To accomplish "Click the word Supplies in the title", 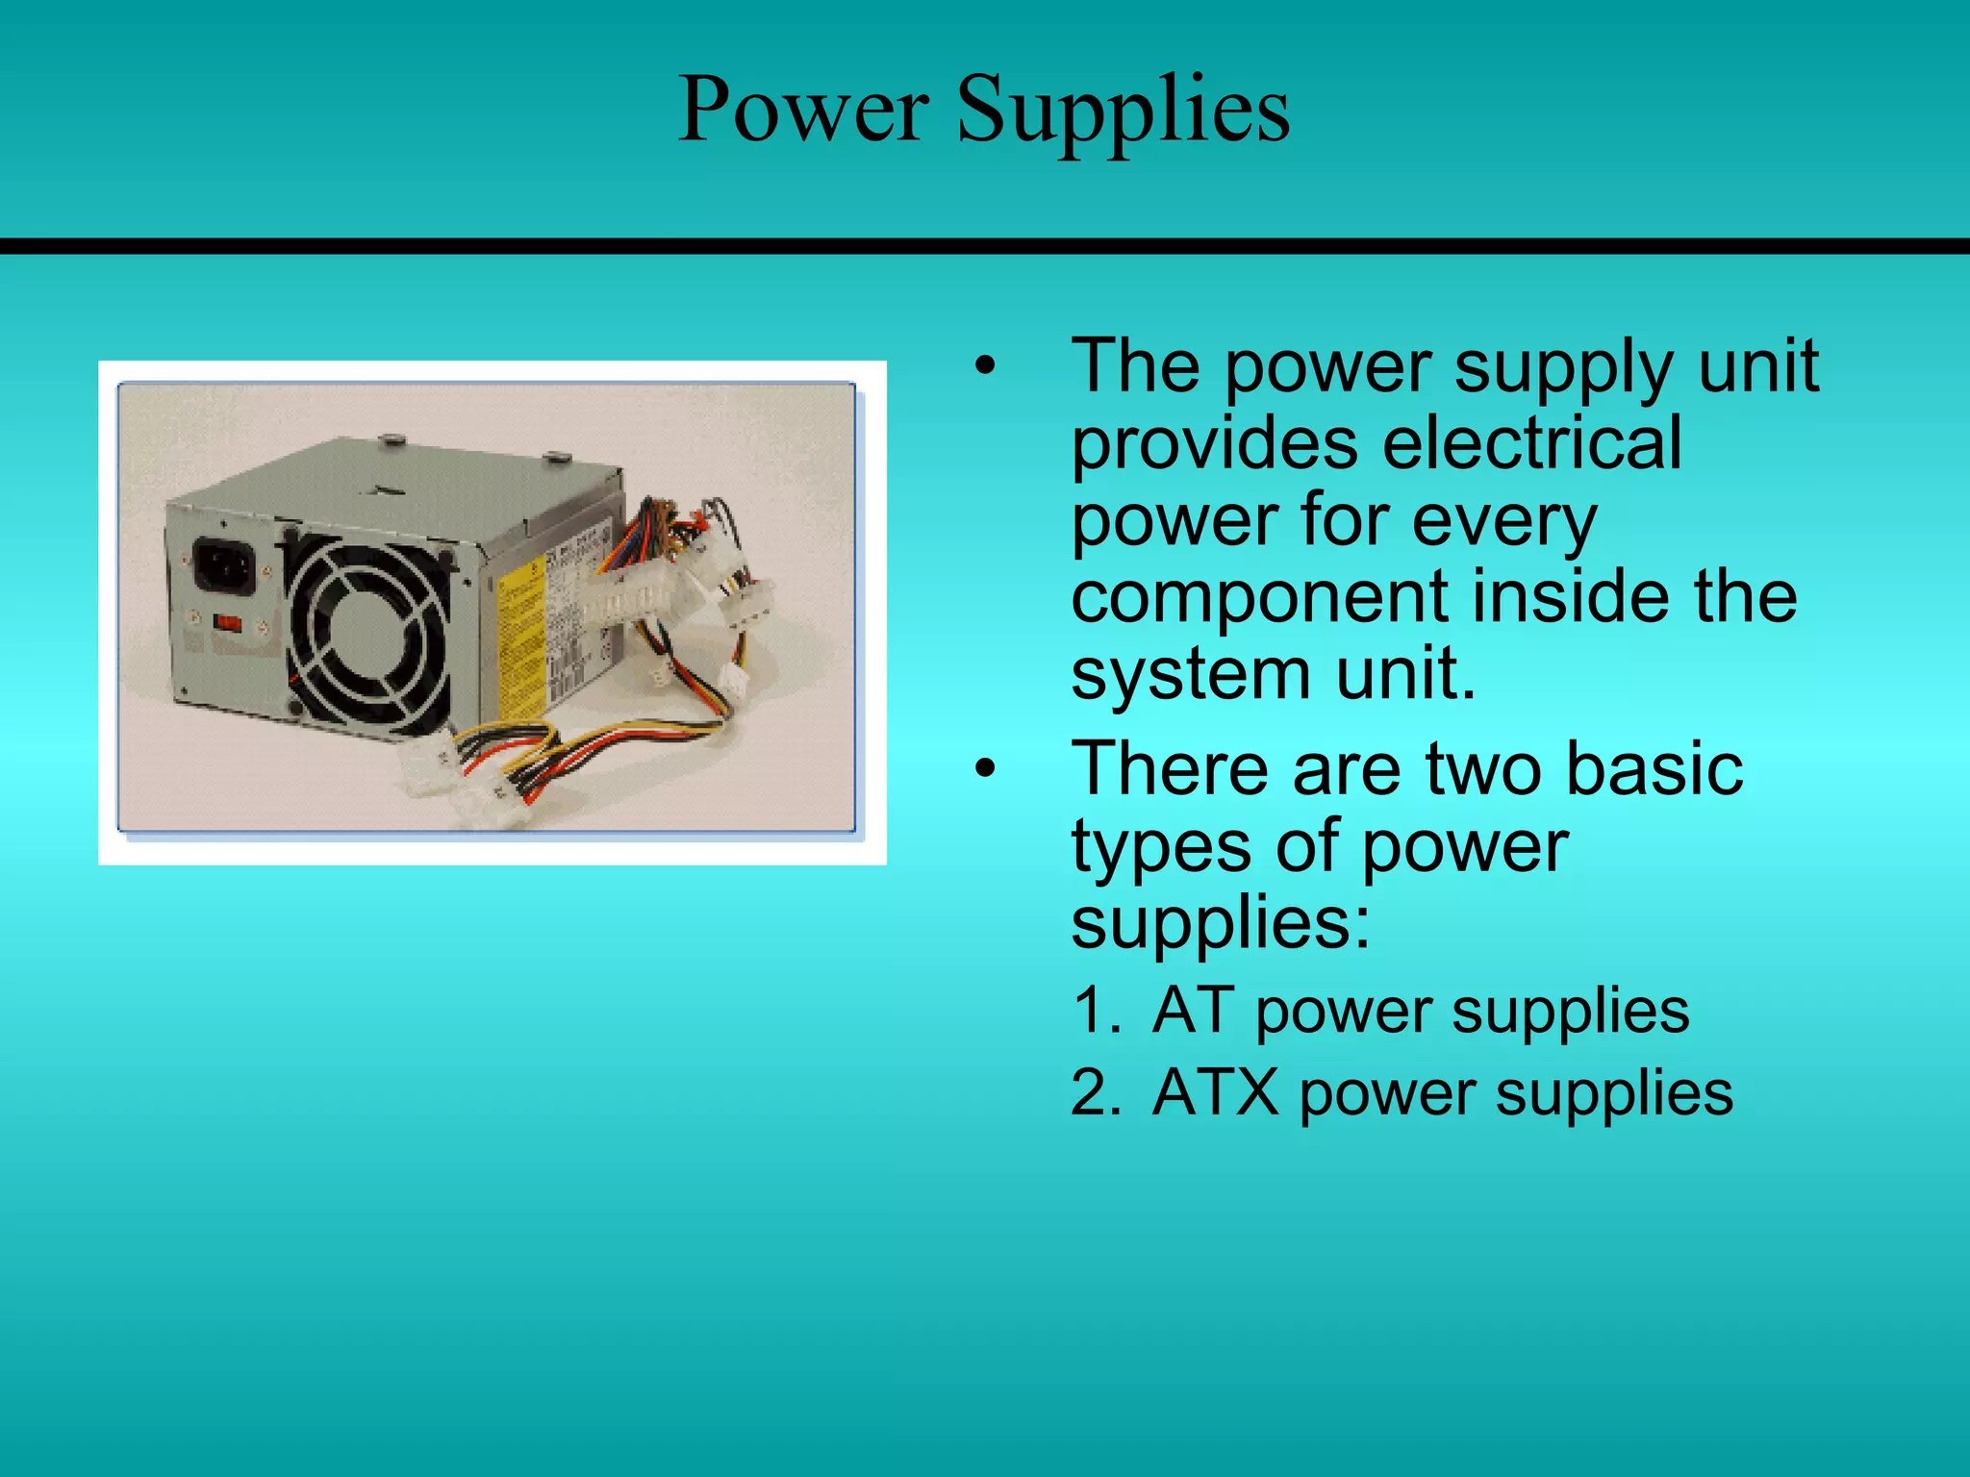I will (1123, 113).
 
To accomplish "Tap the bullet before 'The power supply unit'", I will (983, 366).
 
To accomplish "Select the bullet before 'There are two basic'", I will (983, 769).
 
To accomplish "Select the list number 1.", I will (1096, 1011).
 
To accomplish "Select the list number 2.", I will (1096, 1093).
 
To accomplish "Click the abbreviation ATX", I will (1215, 1093).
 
